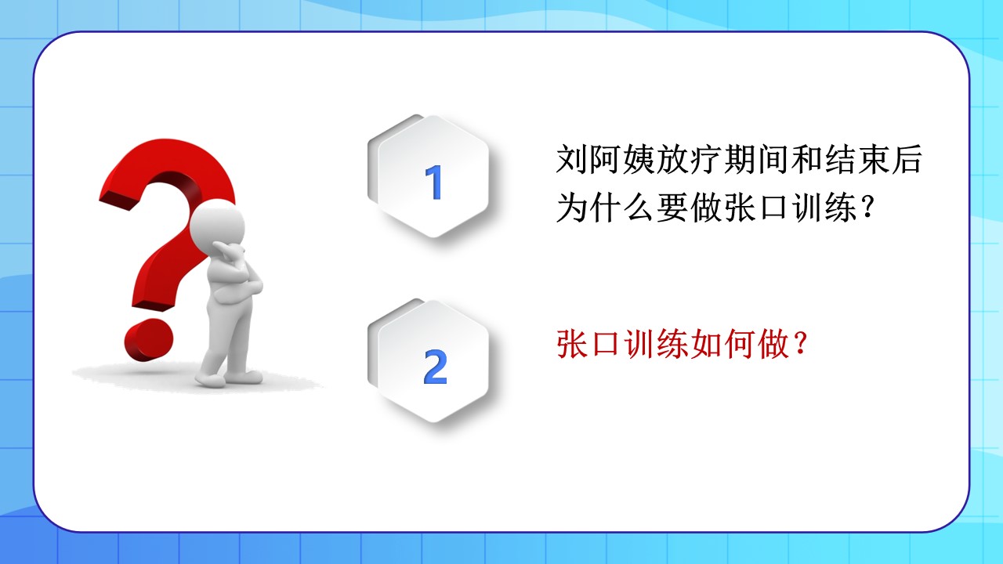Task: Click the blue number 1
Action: click(x=433, y=182)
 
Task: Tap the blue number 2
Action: click(x=435, y=367)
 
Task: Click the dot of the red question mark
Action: click(x=149, y=339)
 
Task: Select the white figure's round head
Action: click(x=218, y=225)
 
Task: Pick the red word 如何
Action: click(x=722, y=344)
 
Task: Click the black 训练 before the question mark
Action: click(x=824, y=208)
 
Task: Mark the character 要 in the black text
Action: click(x=672, y=208)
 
